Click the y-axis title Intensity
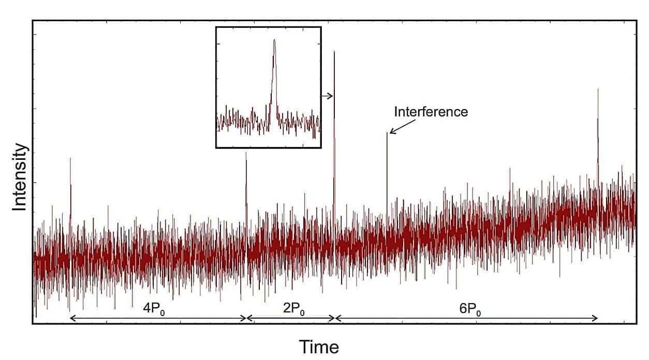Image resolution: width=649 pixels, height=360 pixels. point(19,177)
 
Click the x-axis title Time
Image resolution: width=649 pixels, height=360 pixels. point(319,346)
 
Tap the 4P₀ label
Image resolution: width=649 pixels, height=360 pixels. point(154,309)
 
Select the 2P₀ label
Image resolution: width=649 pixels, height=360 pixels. point(293,309)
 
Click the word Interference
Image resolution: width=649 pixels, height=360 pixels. point(431,111)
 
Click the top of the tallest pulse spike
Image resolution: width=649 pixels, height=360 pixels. point(334,52)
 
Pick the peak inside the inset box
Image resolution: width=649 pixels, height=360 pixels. point(274,41)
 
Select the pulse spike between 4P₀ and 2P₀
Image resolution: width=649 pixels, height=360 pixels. point(246,154)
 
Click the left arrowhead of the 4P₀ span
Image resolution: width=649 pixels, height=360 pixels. point(71,318)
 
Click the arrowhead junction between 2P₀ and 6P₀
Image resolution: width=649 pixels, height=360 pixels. point(335,318)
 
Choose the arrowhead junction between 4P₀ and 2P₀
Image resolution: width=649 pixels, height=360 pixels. point(246,318)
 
